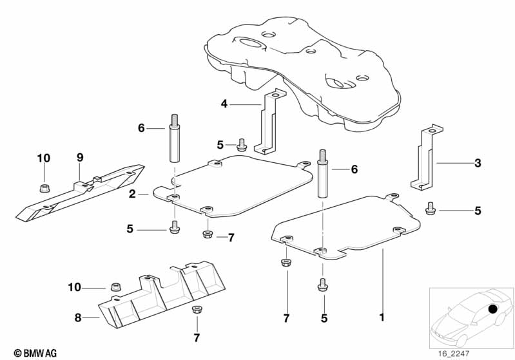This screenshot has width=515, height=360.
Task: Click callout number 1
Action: (382, 317)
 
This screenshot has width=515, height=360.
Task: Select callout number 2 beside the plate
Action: (131, 194)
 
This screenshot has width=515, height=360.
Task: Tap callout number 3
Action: (478, 164)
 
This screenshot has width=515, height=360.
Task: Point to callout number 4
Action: (224, 104)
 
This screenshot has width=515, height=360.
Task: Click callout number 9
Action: (80, 157)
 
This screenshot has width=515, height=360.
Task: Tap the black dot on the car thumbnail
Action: (493, 309)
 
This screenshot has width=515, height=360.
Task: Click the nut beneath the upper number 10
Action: (44, 188)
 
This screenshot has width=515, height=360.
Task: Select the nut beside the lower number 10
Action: (117, 286)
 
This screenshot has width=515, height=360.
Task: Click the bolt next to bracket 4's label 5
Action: (242, 145)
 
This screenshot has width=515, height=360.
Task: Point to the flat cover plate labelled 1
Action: (348, 225)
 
